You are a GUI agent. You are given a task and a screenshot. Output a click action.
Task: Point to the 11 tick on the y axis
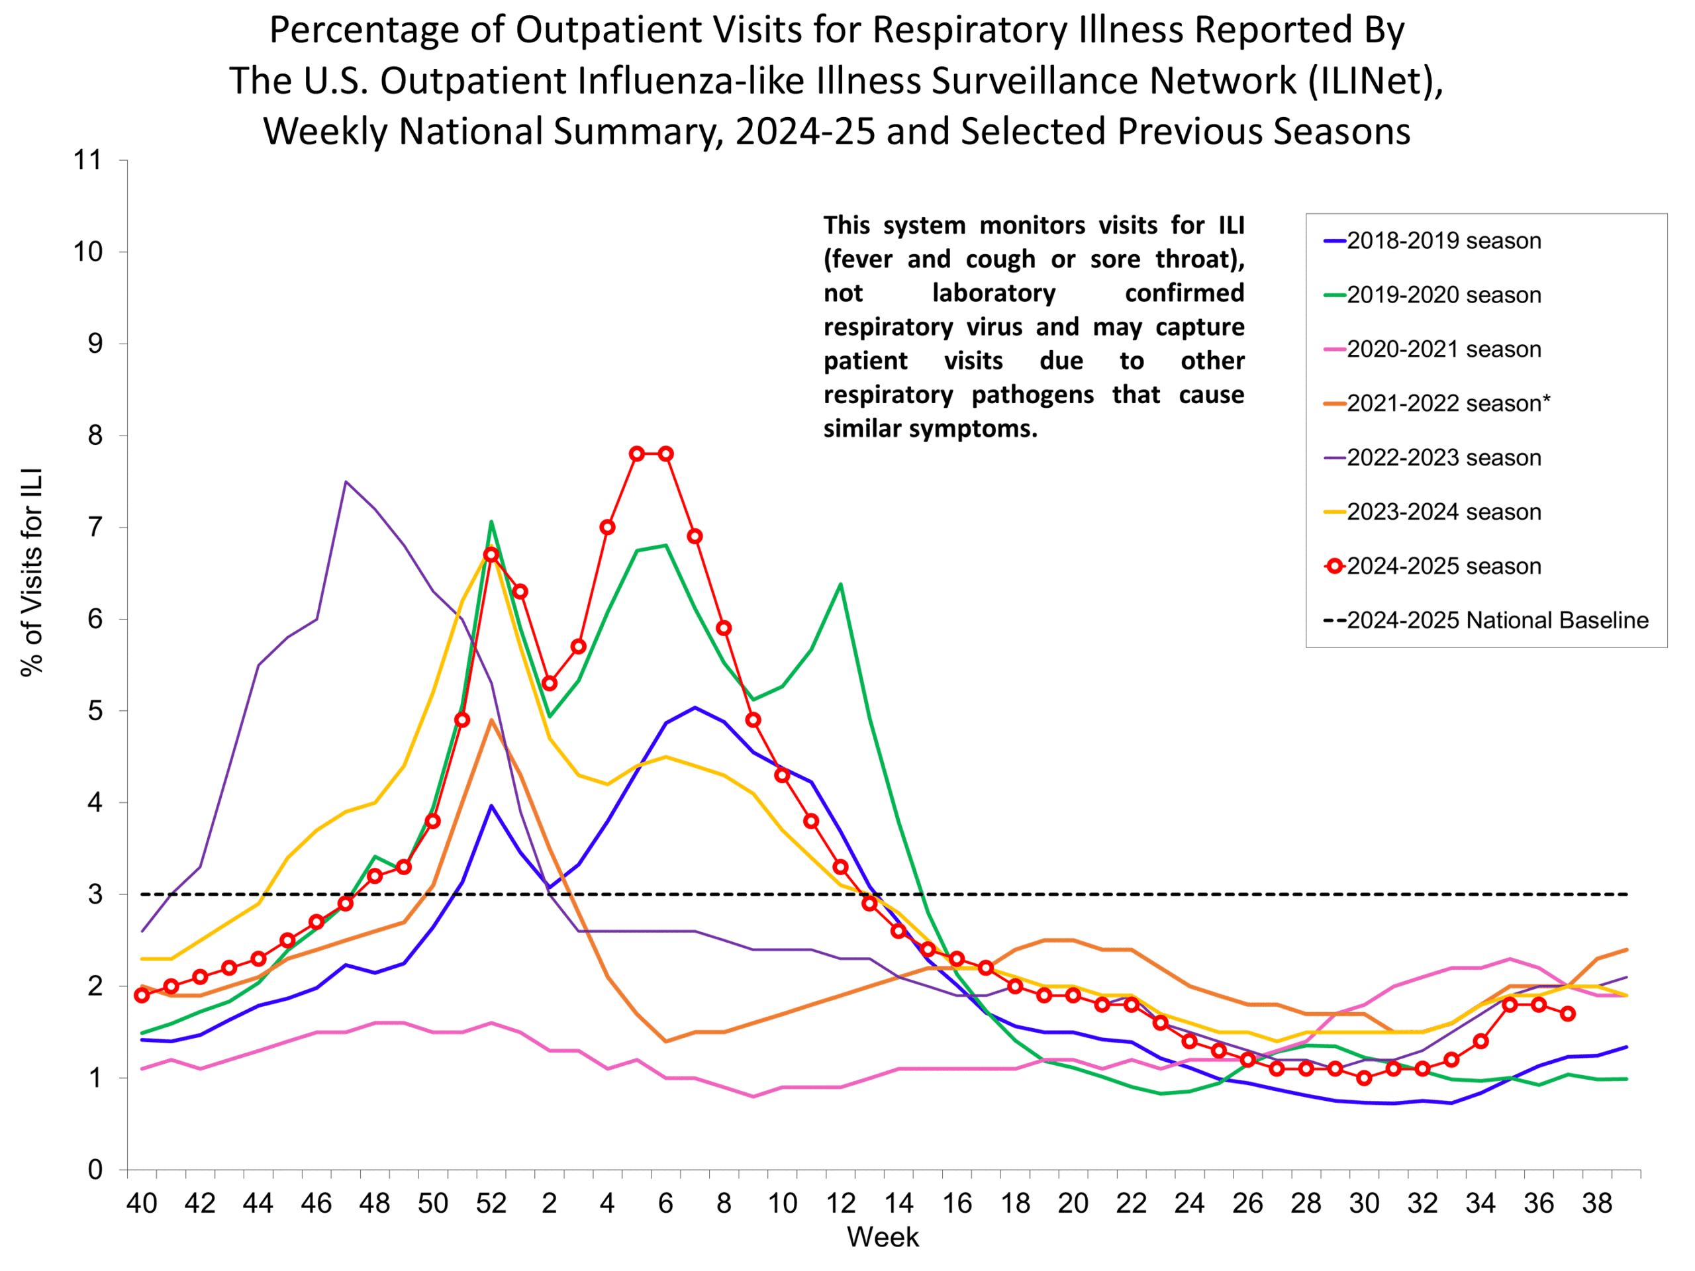tap(87, 160)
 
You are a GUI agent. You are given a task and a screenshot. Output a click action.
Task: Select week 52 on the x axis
tap(491, 1203)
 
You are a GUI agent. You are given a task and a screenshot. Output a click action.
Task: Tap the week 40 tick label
tap(141, 1203)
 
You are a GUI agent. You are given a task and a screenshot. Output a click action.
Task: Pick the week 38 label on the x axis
tap(1597, 1203)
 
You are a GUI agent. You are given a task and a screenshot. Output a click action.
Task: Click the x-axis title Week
tap(882, 1237)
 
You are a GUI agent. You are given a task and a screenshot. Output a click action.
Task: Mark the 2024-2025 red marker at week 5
tap(637, 453)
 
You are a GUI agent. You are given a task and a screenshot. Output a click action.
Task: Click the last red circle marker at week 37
tap(1568, 1013)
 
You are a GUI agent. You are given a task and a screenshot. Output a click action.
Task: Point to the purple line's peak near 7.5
tap(346, 482)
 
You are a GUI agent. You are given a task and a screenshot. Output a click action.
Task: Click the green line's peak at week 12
tap(841, 584)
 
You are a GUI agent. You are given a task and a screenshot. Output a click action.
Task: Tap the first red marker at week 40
tap(141, 995)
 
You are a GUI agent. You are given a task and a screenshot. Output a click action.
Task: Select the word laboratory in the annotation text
tap(993, 293)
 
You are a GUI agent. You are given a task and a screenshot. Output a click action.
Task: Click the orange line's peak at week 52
tap(491, 720)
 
